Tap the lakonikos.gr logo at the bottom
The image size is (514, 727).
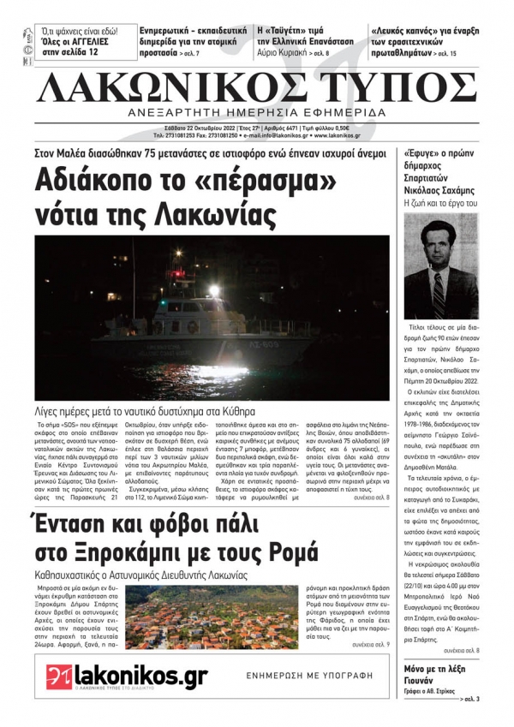pos(126,676)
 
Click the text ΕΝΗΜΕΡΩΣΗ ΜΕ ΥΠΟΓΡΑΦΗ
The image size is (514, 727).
pos(309,676)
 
